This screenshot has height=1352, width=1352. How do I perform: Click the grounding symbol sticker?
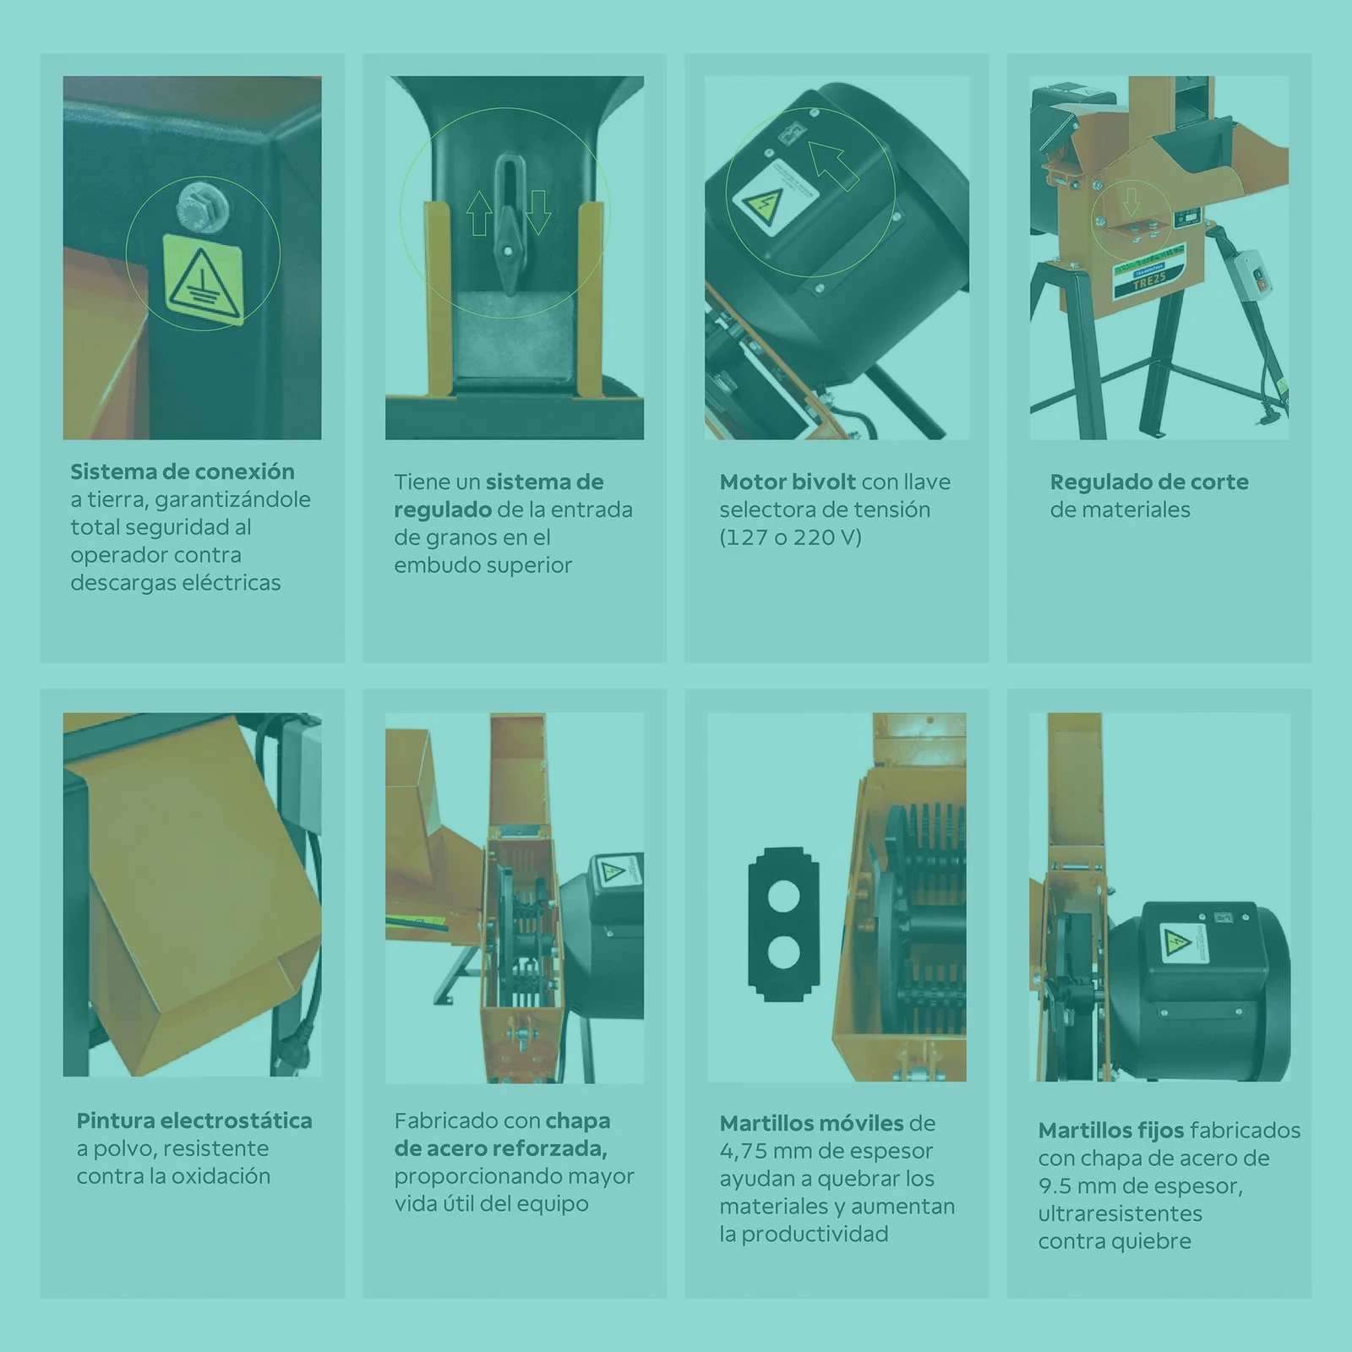[203, 278]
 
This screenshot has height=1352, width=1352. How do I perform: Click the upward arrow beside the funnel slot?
[480, 213]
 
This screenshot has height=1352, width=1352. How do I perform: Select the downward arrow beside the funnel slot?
[538, 213]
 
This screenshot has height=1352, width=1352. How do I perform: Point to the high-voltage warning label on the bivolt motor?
[775, 197]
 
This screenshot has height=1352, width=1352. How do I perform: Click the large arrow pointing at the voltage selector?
[832, 164]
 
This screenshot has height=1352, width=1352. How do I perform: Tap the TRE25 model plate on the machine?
[1150, 279]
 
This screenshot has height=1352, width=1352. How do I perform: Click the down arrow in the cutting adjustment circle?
[1131, 202]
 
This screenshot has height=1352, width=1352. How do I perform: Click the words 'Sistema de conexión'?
[183, 472]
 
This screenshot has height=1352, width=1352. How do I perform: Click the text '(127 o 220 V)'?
[790, 537]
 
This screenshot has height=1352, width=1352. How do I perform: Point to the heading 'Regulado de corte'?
[1149, 482]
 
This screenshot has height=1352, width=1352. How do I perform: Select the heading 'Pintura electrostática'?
[194, 1120]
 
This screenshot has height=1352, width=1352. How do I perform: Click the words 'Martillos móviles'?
[812, 1123]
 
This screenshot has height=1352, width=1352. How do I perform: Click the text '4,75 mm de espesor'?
[826, 1151]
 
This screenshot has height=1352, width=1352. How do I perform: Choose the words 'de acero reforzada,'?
[500, 1148]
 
